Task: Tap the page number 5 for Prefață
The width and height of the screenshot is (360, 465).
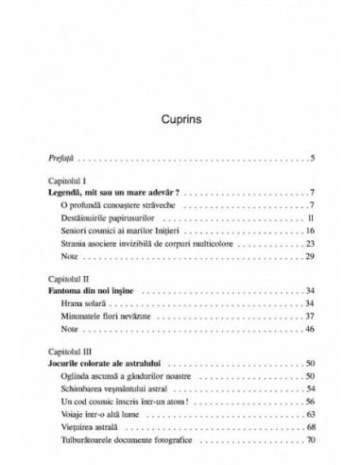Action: pos(311,155)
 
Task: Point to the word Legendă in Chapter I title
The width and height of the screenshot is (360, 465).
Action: pos(73,192)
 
